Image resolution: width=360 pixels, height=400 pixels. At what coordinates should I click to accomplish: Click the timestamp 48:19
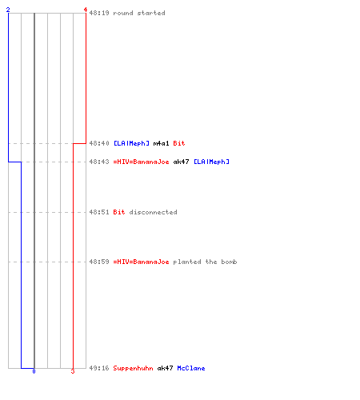[99, 13]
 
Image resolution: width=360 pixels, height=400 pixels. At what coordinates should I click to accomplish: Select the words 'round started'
[139, 13]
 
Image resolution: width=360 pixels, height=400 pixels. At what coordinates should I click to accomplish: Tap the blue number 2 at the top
[8, 10]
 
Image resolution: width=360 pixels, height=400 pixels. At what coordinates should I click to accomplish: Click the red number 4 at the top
[86, 10]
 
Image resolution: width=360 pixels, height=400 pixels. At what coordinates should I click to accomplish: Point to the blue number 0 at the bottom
[34, 371]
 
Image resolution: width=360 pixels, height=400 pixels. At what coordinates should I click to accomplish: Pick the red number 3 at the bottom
[73, 371]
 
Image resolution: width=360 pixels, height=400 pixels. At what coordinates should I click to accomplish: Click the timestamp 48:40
[99, 143]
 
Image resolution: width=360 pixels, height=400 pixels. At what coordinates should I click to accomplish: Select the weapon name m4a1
[161, 143]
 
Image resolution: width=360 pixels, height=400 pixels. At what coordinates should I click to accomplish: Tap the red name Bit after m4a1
[179, 143]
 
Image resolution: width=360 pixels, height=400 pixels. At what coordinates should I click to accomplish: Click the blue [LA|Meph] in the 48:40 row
[131, 143]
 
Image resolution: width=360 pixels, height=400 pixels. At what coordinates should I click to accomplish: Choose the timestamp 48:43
[99, 162]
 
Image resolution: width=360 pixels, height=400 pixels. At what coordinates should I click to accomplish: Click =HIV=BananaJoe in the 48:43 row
[141, 162]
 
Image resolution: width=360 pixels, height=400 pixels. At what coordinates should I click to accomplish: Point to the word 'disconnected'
[153, 212]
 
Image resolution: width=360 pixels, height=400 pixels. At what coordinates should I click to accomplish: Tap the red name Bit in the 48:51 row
[119, 212]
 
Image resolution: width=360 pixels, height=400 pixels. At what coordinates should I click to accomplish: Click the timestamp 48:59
[99, 262]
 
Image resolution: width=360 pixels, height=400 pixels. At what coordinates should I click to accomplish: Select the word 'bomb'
[229, 262]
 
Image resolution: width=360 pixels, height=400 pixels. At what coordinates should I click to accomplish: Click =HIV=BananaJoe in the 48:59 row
[141, 262]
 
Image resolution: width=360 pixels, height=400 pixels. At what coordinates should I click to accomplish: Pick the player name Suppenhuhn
[133, 368]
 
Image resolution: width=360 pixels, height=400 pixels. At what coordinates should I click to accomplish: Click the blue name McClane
[191, 368]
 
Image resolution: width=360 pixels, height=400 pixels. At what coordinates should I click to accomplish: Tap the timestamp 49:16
[99, 368]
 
